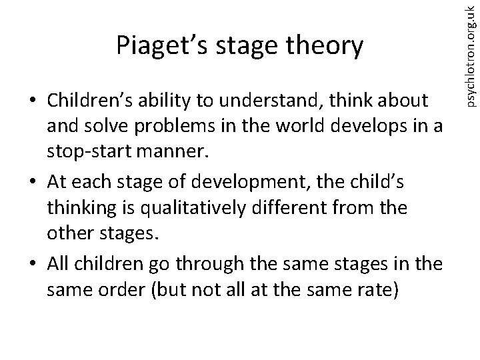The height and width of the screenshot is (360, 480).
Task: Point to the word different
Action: point(271,208)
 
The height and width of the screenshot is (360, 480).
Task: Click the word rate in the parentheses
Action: point(385,288)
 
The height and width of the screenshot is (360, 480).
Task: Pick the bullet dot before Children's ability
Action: point(31,102)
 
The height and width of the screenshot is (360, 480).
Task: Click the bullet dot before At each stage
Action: point(31,182)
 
